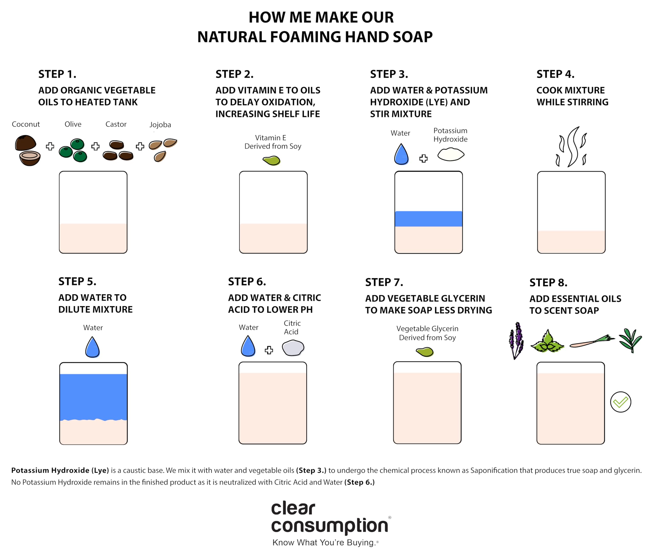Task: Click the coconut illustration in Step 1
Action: tap(27, 150)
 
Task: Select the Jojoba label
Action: tap(160, 124)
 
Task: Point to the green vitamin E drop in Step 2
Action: tap(272, 160)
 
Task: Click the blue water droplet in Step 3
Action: tap(401, 154)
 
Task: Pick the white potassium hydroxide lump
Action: tap(451, 154)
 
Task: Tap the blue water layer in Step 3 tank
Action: tap(428, 219)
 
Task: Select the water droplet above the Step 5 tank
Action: tap(92, 347)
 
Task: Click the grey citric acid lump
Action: tap(293, 348)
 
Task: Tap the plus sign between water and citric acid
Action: tap(269, 350)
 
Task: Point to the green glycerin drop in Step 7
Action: tap(425, 352)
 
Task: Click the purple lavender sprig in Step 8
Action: tap(516, 340)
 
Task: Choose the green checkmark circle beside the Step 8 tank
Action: tap(620, 402)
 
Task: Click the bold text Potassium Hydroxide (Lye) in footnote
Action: tap(60, 470)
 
